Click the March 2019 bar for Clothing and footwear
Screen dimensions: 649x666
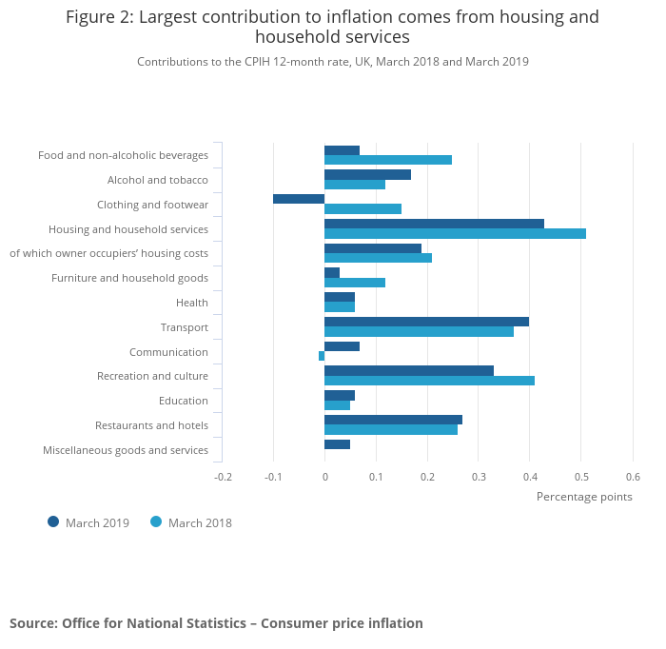299,199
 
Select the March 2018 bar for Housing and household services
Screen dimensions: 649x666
455,233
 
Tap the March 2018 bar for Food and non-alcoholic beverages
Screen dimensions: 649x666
388,160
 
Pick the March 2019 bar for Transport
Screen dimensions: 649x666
426,322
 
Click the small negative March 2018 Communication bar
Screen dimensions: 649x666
322,356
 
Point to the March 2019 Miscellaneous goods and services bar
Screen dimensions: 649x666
337,444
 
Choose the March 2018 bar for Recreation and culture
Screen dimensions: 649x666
429,381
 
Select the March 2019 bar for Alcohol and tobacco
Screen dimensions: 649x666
367,174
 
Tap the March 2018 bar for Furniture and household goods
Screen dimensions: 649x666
355,283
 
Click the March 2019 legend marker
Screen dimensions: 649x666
53,521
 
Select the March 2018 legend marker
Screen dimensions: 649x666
156,521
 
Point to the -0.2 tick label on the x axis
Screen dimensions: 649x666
222,477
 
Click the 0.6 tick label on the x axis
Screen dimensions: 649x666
633,477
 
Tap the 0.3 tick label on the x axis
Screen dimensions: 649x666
479,477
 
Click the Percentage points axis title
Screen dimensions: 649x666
584,496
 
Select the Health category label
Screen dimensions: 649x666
192,303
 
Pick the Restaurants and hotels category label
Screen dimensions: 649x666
151,425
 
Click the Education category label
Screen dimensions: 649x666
184,401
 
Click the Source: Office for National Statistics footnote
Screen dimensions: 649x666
216,623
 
